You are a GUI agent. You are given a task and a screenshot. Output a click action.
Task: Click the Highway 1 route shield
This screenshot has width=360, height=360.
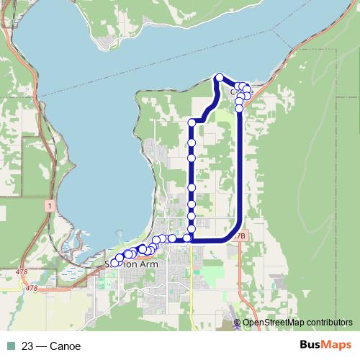tap(48, 206)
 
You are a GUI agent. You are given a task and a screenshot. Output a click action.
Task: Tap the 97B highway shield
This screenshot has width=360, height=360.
tap(240, 235)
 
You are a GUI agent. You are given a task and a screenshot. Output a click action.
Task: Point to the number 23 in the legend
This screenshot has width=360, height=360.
tap(28, 346)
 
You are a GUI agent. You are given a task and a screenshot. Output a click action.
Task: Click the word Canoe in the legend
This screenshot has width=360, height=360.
tap(66, 346)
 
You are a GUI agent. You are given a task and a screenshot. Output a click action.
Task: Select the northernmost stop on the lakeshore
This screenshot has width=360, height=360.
tap(220, 77)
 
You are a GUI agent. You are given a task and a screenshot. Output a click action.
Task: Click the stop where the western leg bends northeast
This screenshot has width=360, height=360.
tap(192, 123)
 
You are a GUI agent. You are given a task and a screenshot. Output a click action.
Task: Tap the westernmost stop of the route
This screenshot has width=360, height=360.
tap(114, 264)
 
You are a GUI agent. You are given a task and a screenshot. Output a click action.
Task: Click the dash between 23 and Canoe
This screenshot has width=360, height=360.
tap(42, 346)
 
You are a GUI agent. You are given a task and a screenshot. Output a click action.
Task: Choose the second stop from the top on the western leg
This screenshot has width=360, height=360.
tap(192, 157)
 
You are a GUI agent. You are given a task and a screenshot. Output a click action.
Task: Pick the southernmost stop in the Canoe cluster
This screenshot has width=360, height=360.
tap(240, 109)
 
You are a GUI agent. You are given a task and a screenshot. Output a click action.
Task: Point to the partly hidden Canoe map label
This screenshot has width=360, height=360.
tap(235, 92)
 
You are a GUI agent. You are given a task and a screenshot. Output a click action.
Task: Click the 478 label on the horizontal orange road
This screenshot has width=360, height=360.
tap(31, 288)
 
